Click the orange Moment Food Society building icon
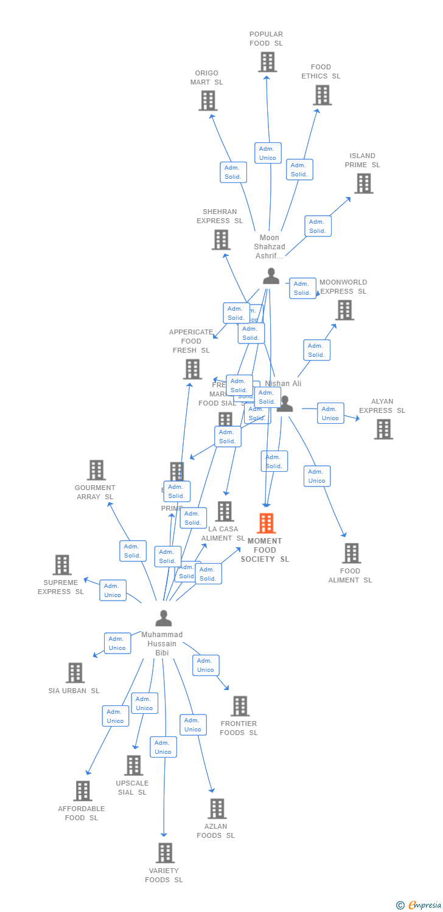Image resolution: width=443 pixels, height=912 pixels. (266, 523)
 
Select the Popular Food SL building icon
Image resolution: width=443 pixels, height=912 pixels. (267, 62)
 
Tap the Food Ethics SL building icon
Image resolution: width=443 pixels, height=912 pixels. (322, 95)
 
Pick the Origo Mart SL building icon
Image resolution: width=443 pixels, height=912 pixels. (208, 101)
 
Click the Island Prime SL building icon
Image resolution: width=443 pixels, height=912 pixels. (363, 184)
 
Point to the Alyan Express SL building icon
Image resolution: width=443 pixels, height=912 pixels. (383, 429)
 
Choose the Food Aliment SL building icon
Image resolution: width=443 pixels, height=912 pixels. (351, 553)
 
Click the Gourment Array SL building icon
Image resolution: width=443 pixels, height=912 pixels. (96, 470)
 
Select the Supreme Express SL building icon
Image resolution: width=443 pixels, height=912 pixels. (61, 565)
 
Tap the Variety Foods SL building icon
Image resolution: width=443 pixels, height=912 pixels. (165, 853)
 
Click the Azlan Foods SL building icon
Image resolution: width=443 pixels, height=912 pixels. (217, 809)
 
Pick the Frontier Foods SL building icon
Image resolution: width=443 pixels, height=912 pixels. (240, 706)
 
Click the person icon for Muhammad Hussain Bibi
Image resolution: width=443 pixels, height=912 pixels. (163, 618)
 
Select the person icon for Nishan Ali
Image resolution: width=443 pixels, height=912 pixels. (285, 404)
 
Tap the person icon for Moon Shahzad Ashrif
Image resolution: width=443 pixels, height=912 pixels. (271, 276)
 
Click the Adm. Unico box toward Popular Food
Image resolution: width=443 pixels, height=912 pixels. (268, 153)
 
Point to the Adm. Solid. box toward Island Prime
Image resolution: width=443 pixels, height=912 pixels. (318, 226)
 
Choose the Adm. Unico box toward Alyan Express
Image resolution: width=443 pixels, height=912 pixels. (330, 413)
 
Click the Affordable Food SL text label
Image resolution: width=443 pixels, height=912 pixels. (82, 814)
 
